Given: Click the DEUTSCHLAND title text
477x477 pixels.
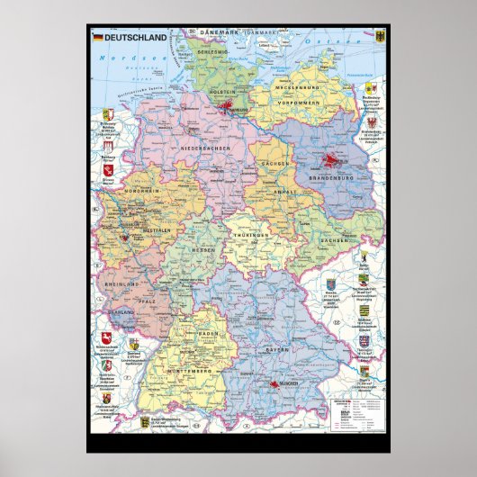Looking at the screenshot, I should pos(136,38).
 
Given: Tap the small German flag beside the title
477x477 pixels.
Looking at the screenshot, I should pos(98,38).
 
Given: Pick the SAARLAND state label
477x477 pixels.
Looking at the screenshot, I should pos(124,310).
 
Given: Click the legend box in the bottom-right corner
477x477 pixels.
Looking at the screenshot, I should pos(355,418).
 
